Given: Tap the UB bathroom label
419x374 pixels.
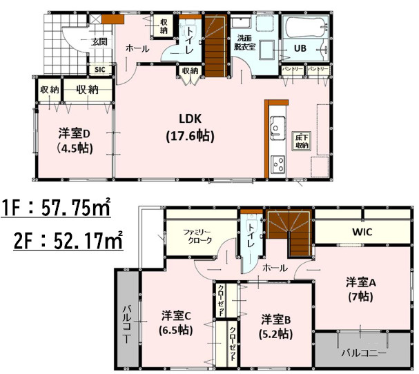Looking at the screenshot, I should click(x=300, y=48).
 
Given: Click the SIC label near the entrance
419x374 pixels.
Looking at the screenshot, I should click(x=99, y=70).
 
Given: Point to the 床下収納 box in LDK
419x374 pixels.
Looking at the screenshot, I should click(x=302, y=141).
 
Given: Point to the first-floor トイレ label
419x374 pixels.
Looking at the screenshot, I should click(x=188, y=38).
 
